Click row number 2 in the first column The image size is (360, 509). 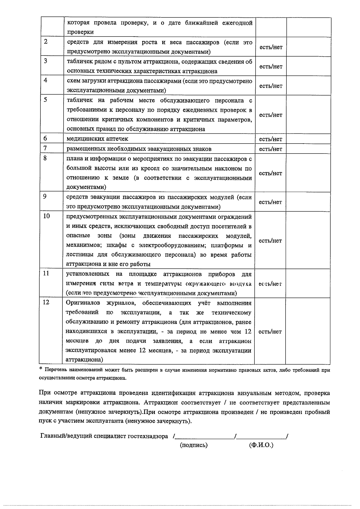coord(46,42)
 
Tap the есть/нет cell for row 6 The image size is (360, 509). coord(271,139)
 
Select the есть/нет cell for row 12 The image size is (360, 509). coord(270,332)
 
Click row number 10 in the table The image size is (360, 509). coord(46,216)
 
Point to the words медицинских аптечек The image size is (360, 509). coord(97,139)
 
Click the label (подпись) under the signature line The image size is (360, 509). coord(193,445)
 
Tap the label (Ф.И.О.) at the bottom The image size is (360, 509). coord(261,445)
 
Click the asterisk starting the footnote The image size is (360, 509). coord(41,369)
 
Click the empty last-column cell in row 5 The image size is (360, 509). coord(308,115)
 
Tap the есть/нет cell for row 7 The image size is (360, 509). coord(271,149)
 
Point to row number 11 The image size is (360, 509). coord(46,273)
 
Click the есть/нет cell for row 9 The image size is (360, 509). coord(270,202)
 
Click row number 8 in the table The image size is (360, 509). coord(45,158)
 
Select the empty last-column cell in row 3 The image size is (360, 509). coord(308,67)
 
